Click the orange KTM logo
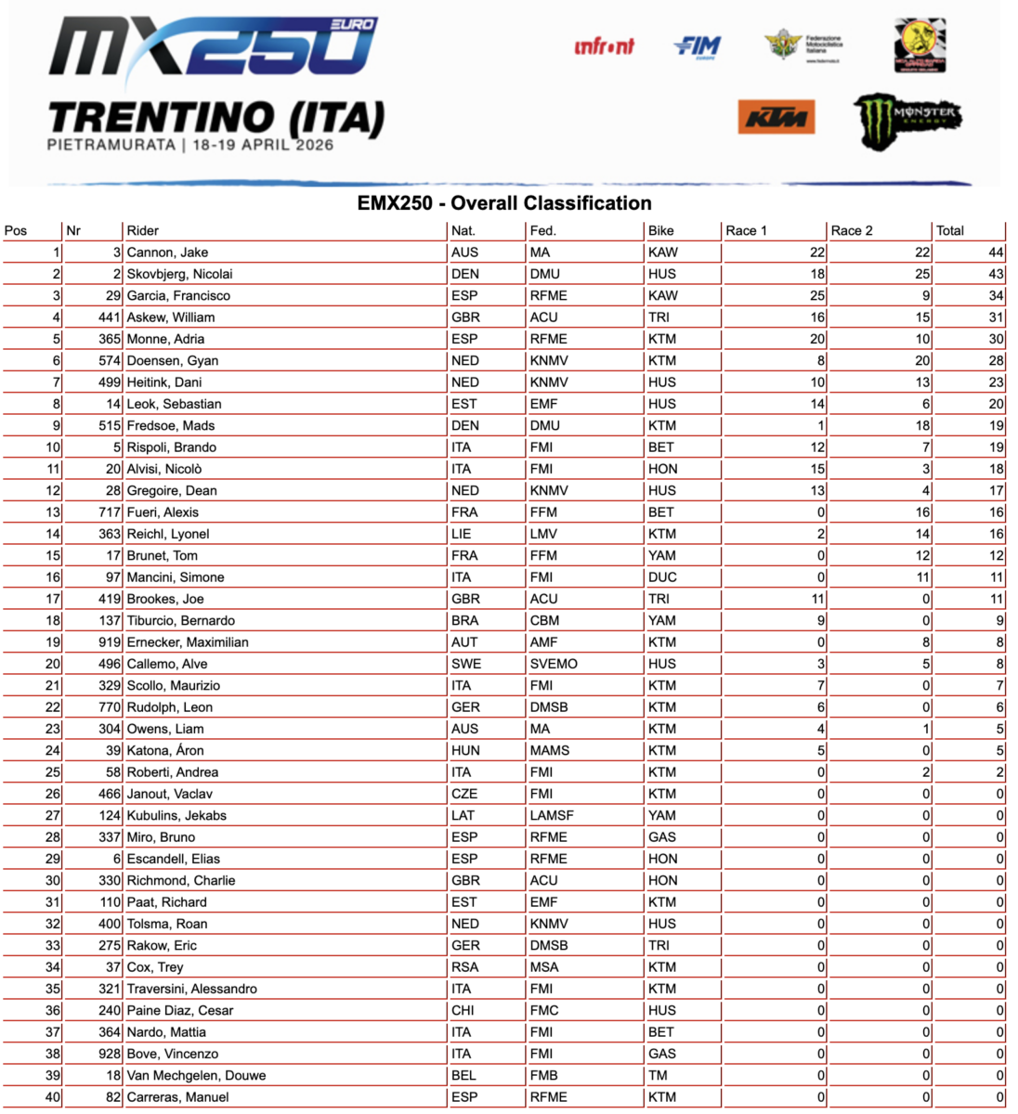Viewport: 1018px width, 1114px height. [777, 118]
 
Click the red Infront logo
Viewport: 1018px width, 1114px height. [605, 45]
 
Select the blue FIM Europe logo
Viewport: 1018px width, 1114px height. [698, 45]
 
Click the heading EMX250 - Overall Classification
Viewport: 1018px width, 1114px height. [504, 203]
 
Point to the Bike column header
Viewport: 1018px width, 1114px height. [661, 230]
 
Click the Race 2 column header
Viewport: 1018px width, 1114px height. [852, 230]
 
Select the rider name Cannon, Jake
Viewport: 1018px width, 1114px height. [167, 253]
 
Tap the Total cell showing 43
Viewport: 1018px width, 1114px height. [996, 274]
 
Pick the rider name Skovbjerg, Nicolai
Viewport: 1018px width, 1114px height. [179, 274]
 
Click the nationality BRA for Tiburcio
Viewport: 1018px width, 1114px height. [465, 620]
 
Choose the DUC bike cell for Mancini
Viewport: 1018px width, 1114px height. [663, 577]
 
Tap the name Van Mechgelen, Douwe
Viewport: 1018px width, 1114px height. [196, 1076]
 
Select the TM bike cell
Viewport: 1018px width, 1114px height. [658, 1076]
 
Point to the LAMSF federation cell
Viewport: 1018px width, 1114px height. [552, 815]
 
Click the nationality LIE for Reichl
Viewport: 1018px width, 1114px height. [461, 534]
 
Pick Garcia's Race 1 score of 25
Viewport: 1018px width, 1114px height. [816, 296]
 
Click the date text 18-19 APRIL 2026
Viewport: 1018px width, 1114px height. [263, 145]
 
